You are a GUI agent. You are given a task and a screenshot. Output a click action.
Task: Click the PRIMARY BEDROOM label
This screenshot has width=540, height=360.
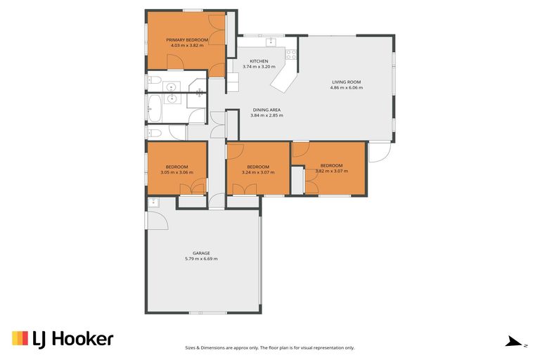(187, 40)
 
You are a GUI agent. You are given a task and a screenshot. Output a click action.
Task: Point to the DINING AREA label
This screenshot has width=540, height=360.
(266, 110)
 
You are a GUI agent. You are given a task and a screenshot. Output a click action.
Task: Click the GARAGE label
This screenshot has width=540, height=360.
(202, 253)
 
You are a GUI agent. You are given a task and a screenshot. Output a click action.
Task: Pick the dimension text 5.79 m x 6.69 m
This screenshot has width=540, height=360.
(202, 259)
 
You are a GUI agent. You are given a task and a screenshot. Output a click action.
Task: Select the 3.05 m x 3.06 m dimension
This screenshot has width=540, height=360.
(176, 172)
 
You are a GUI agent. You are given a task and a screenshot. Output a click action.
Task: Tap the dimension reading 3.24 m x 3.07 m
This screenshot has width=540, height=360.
(257, 172)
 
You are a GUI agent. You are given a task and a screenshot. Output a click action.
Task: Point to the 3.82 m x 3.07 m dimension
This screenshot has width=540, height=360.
(331, 171)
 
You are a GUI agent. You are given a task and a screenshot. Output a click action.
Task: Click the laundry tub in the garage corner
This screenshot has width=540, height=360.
(154, 203)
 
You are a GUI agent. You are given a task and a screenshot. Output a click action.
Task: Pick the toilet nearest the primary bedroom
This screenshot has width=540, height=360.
(155, 79)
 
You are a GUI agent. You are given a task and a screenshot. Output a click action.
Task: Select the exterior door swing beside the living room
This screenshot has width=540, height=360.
(378, 152)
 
